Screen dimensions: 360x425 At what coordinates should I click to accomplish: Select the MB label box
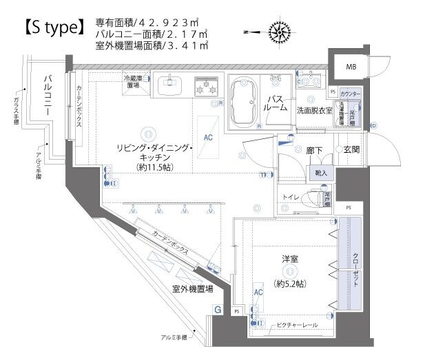coord(351,67)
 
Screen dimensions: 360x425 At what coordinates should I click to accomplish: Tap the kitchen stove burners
coord(205,87)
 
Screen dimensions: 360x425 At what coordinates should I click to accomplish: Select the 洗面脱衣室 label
coord(314,110)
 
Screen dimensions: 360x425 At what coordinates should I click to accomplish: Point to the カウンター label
coord(351,92)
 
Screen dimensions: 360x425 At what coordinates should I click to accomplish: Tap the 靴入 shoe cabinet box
coord(322,172)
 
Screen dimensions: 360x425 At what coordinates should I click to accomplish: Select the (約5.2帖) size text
coord(290,283)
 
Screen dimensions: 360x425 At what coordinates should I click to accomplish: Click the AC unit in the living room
coord(209,136)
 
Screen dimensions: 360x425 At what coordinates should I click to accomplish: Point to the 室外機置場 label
coord(192,290)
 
